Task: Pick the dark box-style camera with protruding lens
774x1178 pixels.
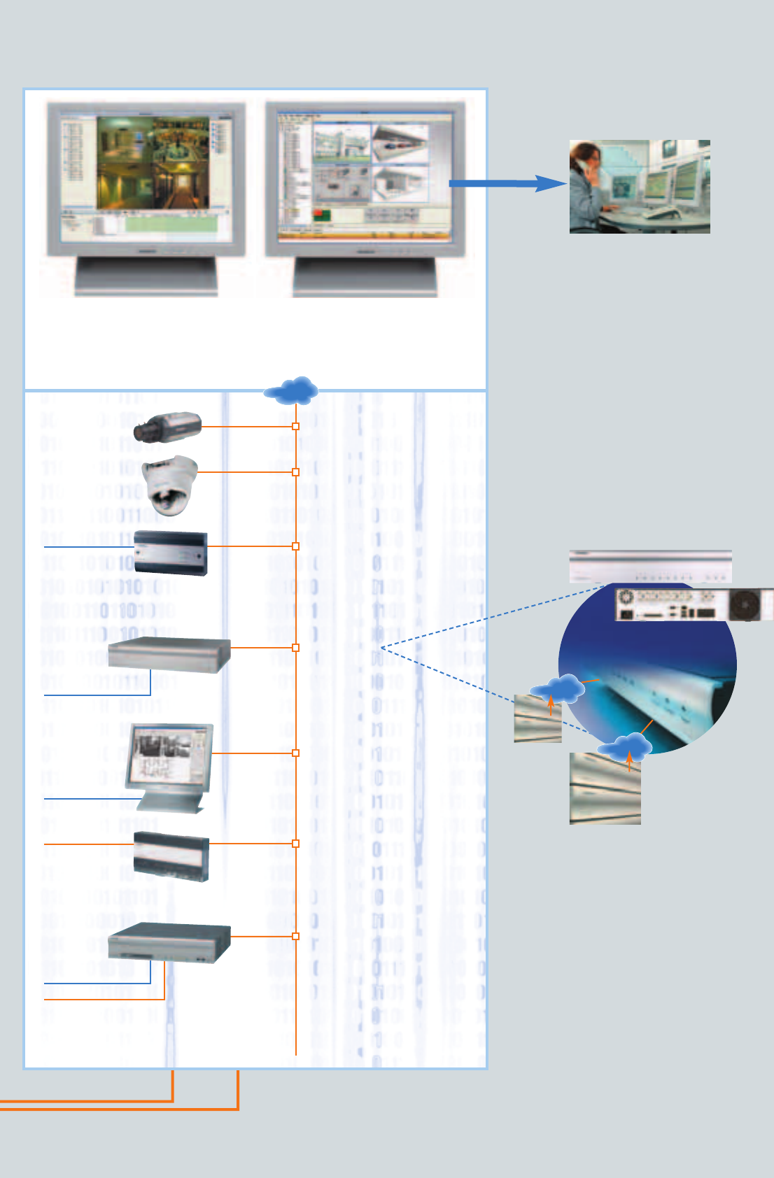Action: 168,427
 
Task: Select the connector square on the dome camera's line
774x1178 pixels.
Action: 296,472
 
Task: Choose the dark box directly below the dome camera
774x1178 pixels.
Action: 170,553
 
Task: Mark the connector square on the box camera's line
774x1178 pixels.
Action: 296,426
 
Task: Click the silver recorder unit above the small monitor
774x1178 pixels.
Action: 169,655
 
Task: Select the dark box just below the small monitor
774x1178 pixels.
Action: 171,856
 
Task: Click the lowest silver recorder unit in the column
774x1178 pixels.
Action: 169,943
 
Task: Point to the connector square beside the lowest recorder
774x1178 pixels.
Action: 296,936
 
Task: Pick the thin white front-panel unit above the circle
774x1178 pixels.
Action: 650,566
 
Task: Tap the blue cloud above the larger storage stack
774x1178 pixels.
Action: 625,747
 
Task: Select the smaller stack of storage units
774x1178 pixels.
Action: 537,720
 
